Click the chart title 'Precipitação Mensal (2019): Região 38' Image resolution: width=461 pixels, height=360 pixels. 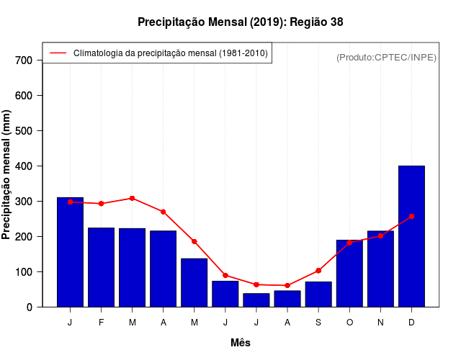click(x=241, y=22)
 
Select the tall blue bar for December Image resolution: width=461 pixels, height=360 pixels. click(x=411, y=236)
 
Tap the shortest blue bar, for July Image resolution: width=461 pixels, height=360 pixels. click(x=256, y=300)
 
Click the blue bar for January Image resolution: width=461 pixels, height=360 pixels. click(x=70, y=252)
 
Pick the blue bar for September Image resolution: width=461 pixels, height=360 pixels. click(x=318, y=294)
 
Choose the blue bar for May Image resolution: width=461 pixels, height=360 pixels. click(x=194, y=282)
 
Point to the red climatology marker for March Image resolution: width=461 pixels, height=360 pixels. click(x=133, y=198)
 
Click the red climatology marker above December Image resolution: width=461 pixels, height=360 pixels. click(x=411, y=216)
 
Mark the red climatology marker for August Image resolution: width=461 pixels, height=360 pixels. click(x=287, y=286)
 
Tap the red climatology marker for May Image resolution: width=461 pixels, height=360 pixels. click(x=194, y=241)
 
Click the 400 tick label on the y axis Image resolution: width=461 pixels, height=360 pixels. click(x=24, y=166)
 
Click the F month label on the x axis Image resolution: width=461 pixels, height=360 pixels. click(x=102, y=323)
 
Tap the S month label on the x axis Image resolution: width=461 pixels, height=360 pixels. click(x=318, y=323)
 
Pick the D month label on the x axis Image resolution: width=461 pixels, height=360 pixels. click(x=411, y=323)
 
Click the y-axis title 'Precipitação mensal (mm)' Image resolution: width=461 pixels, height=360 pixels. click(x=7, y=174)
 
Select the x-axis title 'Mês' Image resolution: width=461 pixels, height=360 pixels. click(x=241, y=343)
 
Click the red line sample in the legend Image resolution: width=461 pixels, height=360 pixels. click(x=58, y=53)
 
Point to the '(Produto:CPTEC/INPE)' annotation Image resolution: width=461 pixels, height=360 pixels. click(x=386, y=58)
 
